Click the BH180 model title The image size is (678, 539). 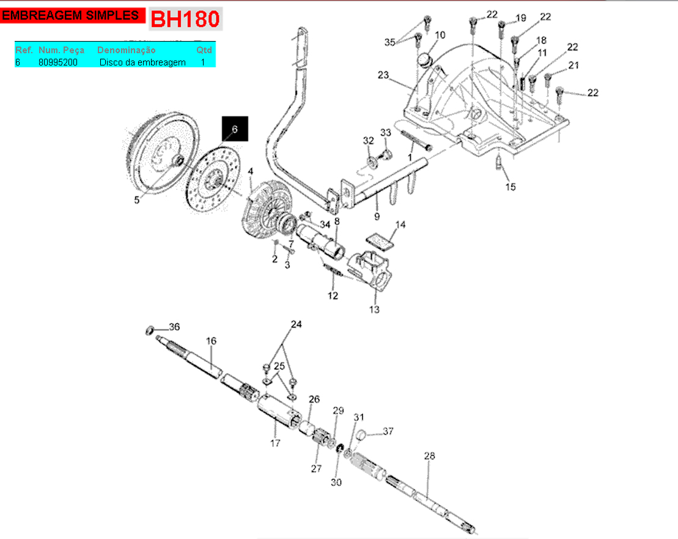click(185, 19)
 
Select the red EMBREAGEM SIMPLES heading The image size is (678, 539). click(70, 16)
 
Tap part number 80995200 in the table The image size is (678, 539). click(57, 62)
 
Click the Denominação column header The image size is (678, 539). click(127, 50)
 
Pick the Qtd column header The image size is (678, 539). click(204, 50)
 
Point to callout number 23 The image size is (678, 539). click(383, 75)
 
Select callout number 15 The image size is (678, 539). click(510, 187)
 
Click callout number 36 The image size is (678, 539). click(174, 327)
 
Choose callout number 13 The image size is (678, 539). click(374, 310)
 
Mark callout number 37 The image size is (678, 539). click(388, 431)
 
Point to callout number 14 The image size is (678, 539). click(400, 225)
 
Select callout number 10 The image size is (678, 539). click(440, 35)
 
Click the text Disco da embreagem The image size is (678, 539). click(142, 62)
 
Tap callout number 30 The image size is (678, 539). click(336, 482)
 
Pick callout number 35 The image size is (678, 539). click(390, 42)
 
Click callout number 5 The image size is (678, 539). click(137, 199)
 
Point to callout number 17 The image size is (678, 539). click(275, 443)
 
